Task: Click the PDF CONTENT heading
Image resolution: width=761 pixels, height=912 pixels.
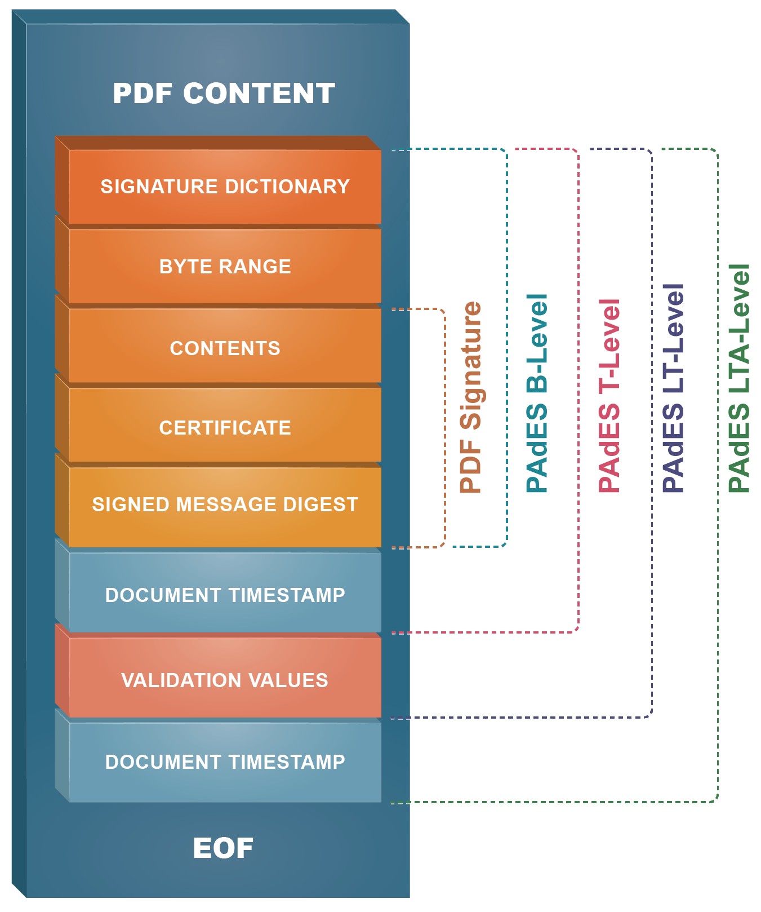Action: (224, 93)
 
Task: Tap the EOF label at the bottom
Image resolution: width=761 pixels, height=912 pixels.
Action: (223, 848)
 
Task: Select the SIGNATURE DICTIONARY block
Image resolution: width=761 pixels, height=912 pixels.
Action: (225, 187)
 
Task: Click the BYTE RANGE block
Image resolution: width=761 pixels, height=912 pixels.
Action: (225, 266)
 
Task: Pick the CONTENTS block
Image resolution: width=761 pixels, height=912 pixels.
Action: (225, 348)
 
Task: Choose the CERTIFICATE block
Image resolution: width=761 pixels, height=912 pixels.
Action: (225, 427)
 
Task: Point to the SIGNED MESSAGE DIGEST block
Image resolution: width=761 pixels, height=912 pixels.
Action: (225, 504)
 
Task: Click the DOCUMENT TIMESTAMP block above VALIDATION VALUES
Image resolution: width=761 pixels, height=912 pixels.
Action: (225, 595)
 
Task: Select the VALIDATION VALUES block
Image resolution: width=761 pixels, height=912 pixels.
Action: (225, 680)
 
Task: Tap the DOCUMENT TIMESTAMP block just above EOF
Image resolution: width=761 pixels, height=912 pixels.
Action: (225, 762)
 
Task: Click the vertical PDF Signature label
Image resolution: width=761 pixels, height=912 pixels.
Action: (471, 397)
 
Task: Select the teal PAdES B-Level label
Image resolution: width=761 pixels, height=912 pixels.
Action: (537, 393)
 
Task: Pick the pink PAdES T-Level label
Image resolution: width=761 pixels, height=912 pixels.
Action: (609, 396)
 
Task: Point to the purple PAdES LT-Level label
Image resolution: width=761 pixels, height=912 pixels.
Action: (673, 388)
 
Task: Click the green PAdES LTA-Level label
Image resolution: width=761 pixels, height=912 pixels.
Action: (739, 378)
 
